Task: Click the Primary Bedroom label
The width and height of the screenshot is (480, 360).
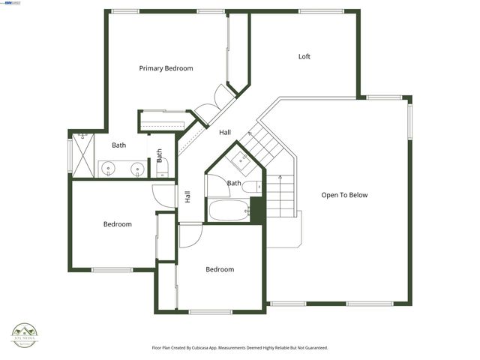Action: [x=166, y=68]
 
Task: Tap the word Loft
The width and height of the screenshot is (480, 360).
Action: [x=304, y=56]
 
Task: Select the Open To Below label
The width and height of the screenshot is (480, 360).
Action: [x=344, y=195]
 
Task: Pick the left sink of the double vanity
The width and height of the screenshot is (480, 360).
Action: [x=109, y=169]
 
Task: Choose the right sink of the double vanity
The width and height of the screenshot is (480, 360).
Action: [x=138, y=169]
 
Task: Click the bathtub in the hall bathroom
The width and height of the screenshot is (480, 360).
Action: [x=228, y=210]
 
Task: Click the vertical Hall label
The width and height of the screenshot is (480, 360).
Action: [x=187, y=197]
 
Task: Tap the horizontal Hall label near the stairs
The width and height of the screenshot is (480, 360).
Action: [x=225, y=133]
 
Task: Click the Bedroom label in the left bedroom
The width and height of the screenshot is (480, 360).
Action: [x=117, y=224]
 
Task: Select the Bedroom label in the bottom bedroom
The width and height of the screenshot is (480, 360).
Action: [x=220, y=269]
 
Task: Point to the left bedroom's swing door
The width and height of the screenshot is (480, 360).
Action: [x=163, y=195]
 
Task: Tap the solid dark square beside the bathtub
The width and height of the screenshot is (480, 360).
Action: [x=256, y=209]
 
